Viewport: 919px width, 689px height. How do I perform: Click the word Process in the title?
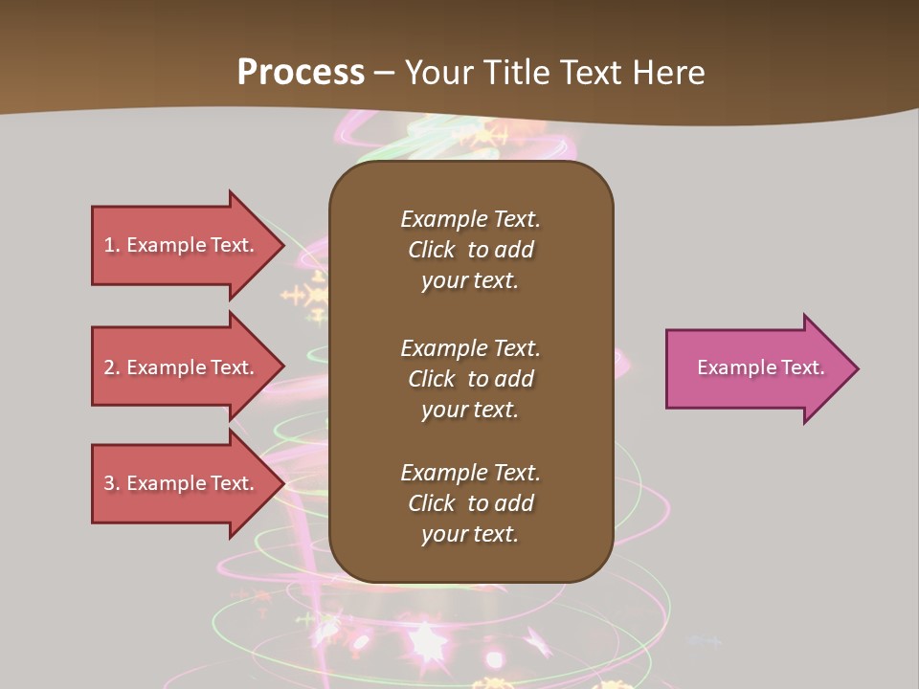coord(301,73)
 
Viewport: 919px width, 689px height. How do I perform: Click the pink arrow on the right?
coord(756,368)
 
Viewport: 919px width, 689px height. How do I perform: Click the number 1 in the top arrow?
coord(109,245)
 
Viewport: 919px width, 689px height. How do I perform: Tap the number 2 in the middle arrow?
coord(109,367)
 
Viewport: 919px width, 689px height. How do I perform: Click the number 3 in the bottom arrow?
coord(109,483)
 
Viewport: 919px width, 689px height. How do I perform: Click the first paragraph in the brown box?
coord(470,250)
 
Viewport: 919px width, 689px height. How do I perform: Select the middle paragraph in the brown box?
coord(470,379)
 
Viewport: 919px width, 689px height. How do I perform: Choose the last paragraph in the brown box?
coord(470,503)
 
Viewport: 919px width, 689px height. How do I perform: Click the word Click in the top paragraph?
coord(431,250)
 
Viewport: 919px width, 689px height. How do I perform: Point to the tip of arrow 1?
coord(283,246)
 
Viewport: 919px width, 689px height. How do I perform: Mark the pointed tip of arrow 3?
coord(283,483)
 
